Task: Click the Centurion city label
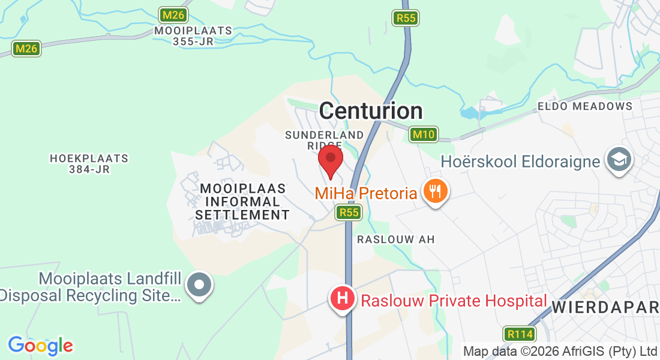tap(371, 111)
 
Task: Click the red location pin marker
tap(330, 160)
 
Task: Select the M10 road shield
tap(424, 134)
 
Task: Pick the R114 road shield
tap(518, 334)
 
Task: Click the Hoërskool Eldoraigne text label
tap(520, 161)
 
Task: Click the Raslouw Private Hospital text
tap(454, 300)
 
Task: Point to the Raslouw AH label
tap(395, 239)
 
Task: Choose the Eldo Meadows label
tap(584, 106)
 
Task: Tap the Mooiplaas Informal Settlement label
tap(242, 202)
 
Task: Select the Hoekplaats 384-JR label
tap(89, 164)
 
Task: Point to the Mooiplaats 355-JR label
tap(193, 35)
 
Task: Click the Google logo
tap(40, 346)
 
